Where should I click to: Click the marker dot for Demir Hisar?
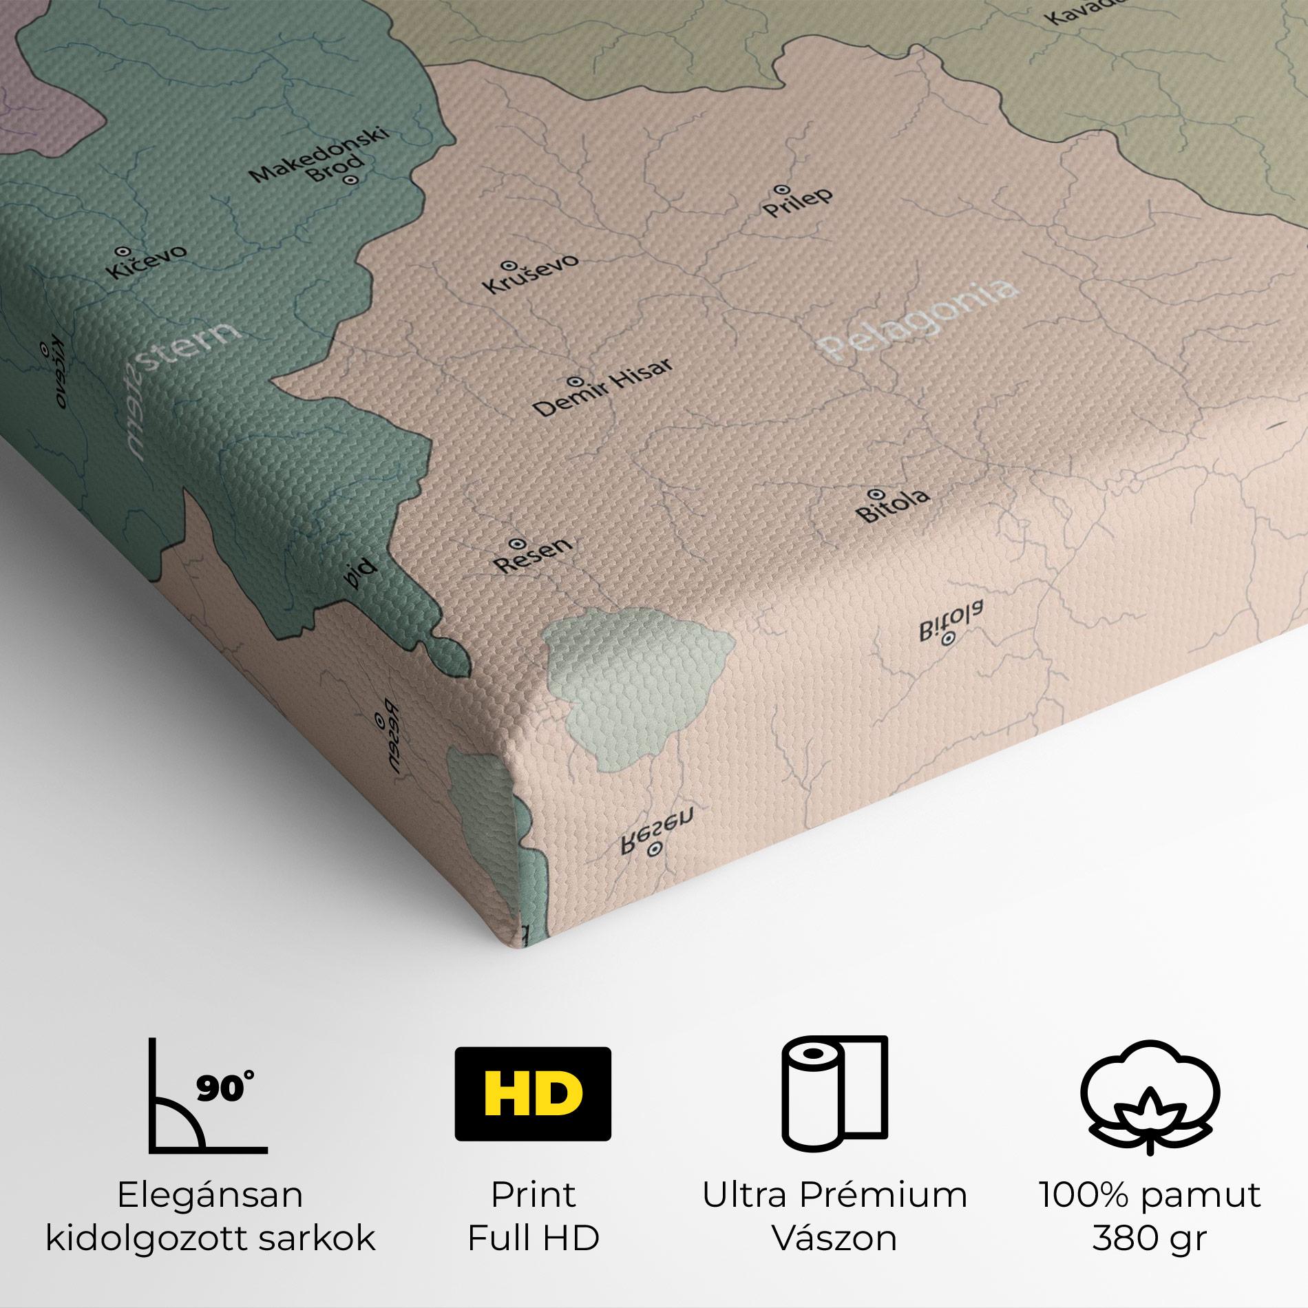click(x=573, y=381)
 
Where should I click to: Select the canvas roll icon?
click(x=834, y=1103)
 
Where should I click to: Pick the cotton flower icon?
click(x=1149, y=1106)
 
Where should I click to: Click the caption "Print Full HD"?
click(x=534, y=1216)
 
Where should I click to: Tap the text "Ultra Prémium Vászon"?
click(x=834, y=1216)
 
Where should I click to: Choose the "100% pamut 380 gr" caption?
click(x=1149, y=1216)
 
